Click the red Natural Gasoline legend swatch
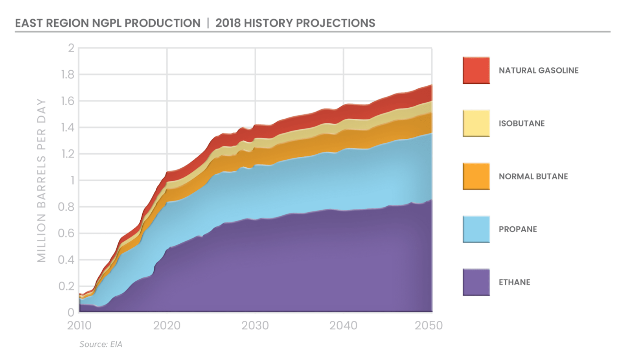click(476, 70)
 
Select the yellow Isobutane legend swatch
click(476, 123)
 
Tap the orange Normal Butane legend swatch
click(476, 176)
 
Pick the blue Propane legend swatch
click(476, 229)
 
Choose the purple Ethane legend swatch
click(476, 282)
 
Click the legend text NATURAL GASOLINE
click(539, 71)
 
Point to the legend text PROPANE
click(518, 230)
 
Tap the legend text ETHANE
click(514, 282)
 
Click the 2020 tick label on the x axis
click(167, 325)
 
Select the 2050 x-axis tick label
click(429, 325)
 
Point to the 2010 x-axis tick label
click(79, 325)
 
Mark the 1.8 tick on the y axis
click(67, 74)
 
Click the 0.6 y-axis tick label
click(66, 233)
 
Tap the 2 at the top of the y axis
click(71, 48)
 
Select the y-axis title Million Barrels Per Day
click(41, 180)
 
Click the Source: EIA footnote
click(101, 344)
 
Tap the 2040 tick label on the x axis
click(343, 325)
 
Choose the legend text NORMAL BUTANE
click(533, 176)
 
